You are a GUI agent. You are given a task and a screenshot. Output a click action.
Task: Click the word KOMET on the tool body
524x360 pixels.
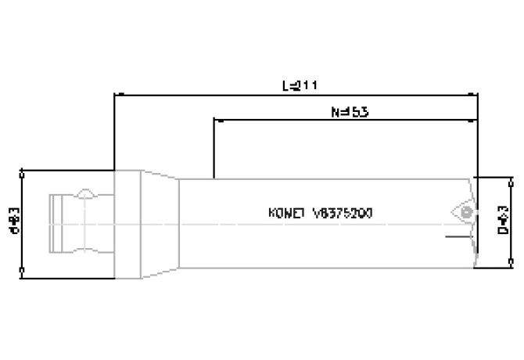(285, 212)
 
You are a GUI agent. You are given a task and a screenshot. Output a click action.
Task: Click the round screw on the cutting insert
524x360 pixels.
(466, 212)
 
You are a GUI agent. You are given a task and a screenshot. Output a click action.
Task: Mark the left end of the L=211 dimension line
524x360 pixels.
(115, 95)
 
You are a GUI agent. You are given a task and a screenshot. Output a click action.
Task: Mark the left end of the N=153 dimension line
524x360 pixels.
(214, 121)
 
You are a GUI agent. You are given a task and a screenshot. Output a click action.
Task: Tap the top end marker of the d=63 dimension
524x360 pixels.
(21, 170)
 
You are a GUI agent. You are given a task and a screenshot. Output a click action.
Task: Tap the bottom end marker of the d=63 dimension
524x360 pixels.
(21, 272)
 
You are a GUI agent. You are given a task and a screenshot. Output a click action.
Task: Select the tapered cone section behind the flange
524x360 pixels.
(160, 223)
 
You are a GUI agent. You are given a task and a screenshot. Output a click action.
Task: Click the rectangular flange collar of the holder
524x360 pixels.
(127, 223)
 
